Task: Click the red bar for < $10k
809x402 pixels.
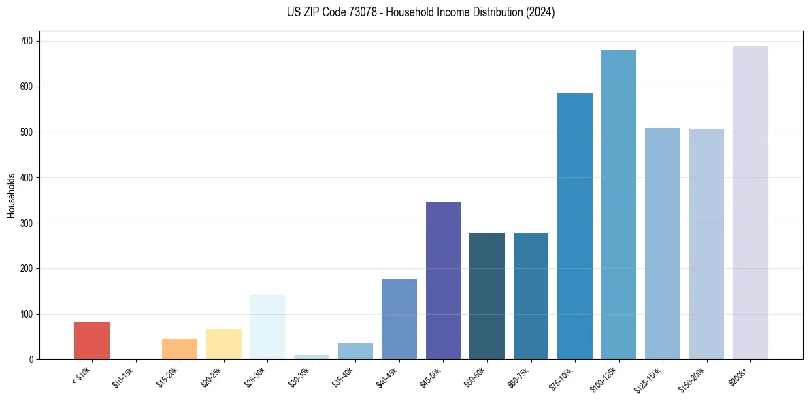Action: point(92,340)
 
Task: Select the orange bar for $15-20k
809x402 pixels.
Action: point(180,349)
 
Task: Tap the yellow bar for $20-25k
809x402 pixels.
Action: point(223,344)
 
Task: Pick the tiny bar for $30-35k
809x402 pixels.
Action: point(311,357)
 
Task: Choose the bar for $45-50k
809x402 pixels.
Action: point(443,281)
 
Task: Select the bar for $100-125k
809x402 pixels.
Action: point(618,204)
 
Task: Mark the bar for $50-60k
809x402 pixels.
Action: point(487,296)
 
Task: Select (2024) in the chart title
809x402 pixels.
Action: point(540,12)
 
